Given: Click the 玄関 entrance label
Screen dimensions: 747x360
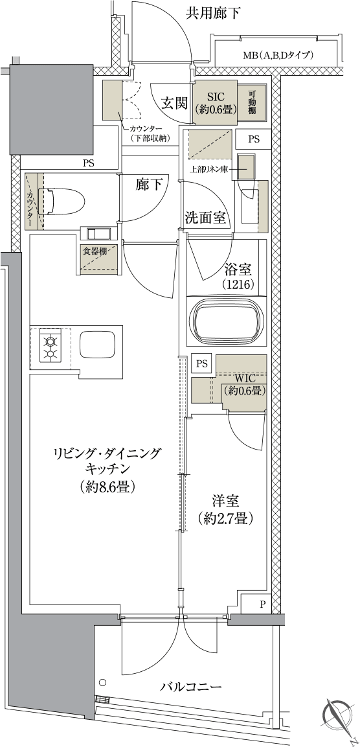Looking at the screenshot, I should [174, 102].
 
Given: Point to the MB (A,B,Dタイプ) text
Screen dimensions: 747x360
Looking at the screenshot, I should [278, 56].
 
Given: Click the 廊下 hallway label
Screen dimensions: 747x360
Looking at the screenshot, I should [149, 185].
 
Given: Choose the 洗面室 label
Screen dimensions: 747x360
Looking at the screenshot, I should [205, 218].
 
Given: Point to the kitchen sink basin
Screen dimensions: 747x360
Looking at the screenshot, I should [96, 346].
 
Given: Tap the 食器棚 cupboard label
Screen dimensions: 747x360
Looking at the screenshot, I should [95, 251].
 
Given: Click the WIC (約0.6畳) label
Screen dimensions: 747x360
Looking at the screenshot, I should [243, 384].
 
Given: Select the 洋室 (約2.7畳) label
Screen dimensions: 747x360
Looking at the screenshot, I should [224, 510].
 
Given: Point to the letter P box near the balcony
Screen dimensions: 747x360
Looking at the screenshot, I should [262, 604].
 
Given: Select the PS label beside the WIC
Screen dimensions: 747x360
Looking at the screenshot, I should [203, 363].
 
